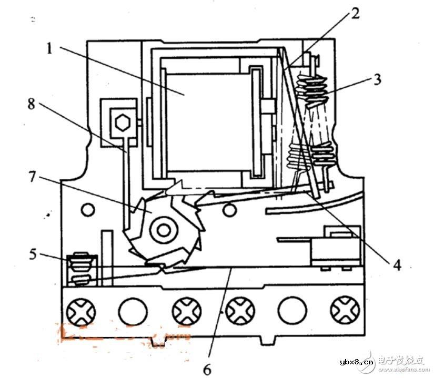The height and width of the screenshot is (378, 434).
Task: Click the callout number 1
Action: tap(49, 49)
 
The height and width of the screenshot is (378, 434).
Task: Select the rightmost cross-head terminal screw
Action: tap(345, 312)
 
